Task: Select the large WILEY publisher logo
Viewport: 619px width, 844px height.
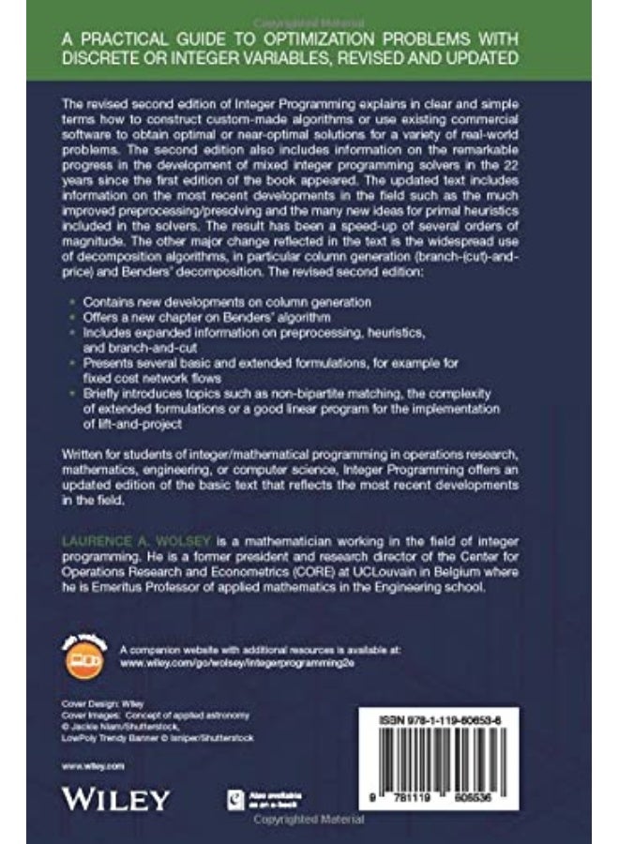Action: [x=115, y=799]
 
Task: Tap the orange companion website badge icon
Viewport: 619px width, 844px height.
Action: [x=90, y=653]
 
